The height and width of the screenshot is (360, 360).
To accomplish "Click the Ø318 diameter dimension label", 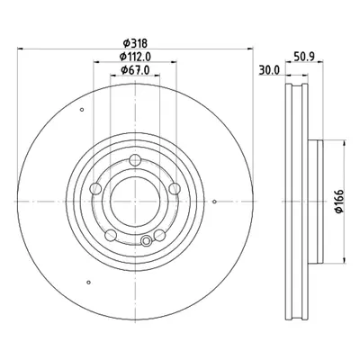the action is (x=135, y=43).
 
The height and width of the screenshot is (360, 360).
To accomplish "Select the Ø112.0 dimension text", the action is (x=135, y=57).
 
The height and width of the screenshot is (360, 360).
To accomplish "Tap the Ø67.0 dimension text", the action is (x=135, y=70).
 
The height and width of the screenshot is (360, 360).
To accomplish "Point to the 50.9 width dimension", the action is (x=304, y=57).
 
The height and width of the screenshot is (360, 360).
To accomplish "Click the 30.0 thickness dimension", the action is (x=269, y=70).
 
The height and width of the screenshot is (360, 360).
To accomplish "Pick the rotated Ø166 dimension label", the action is (x=339, y=202).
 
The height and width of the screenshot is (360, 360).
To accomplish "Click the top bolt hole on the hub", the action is (x=135, y=159).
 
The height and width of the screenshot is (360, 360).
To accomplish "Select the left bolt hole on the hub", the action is (x=96, y=188).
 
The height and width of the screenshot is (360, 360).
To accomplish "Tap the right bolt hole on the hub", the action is (x=175, y=189).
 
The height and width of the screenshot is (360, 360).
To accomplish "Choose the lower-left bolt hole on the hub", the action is (x=111, y=235).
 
